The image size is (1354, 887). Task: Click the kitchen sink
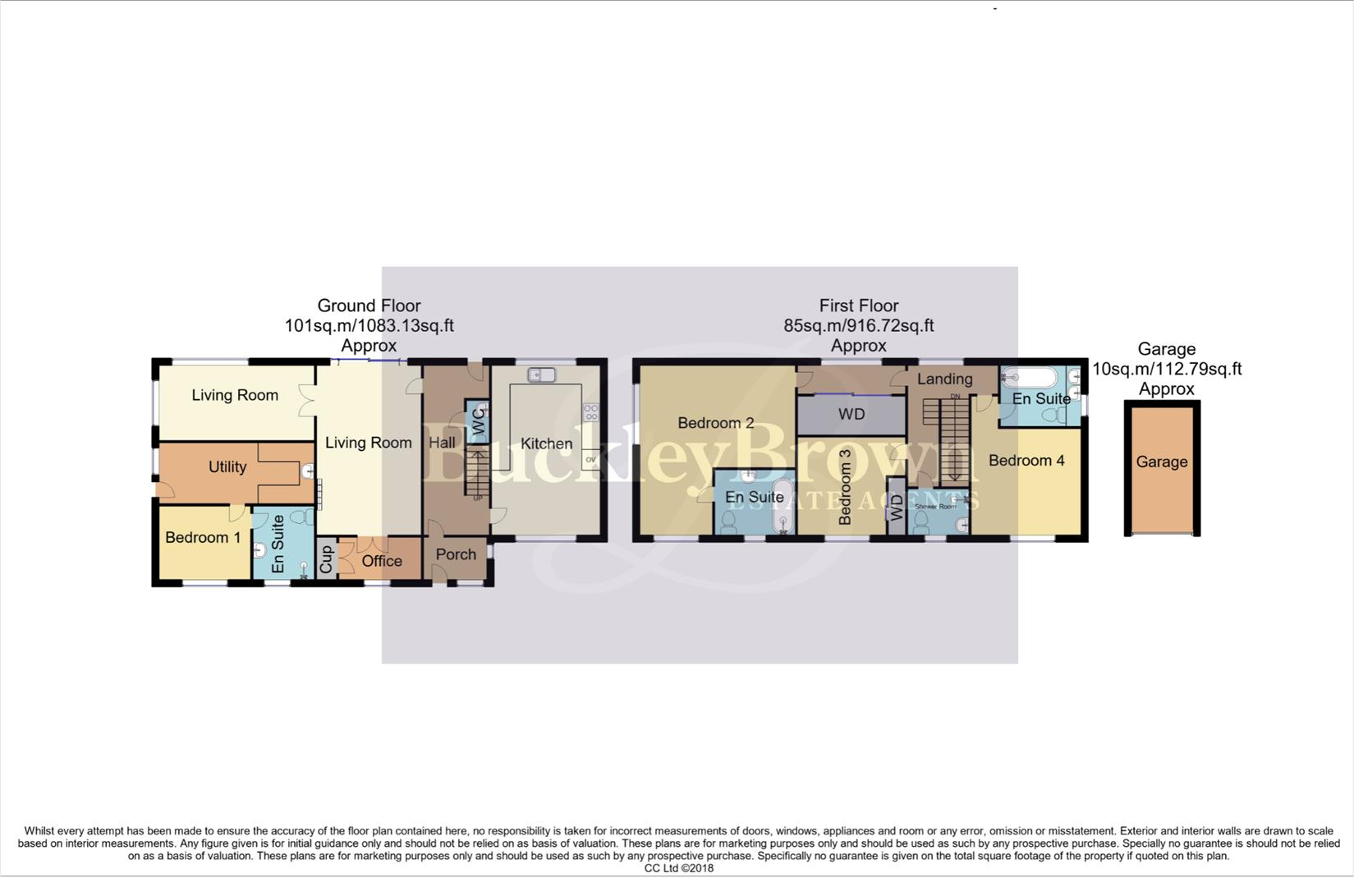pyautogui.click(x=542, y=375)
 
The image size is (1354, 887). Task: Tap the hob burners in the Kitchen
pyautogui.click(x=590, y=411)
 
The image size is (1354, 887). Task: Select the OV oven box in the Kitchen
pyautogui.click(x=590, y=459)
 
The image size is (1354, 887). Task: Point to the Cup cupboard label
pyautogui.click(x=326, y=560)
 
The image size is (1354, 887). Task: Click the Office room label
pyautogui.click(x=382, y=561)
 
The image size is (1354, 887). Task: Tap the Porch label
pyautogui.click(x=456, y=554)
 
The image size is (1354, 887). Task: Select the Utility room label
pyautogui.click(x=227, y=466)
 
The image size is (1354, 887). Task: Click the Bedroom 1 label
pyautogui.click(x=203, y=537)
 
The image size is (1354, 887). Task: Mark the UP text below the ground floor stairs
pyautogui.click(x=477, y=498)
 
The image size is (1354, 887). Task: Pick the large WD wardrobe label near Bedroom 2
pyautogui.click(x=851, y=414)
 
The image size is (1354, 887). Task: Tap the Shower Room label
pyautogui.click(x=936, y=506)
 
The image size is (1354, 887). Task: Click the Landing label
pyautogui.click(x=944, y=379)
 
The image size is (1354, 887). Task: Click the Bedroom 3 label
pyautogui.click(x=846, y=494)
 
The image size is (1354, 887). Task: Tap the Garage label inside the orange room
pyautogui.click(x=1162, y=462)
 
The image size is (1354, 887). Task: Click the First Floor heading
pyautogui.click(x=859, y=306)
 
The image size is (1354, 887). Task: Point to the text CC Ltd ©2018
pyautogui.click(x=678, y=868)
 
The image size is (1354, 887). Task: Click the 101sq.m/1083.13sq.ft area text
pyautogui.click(x=369, y=325)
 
